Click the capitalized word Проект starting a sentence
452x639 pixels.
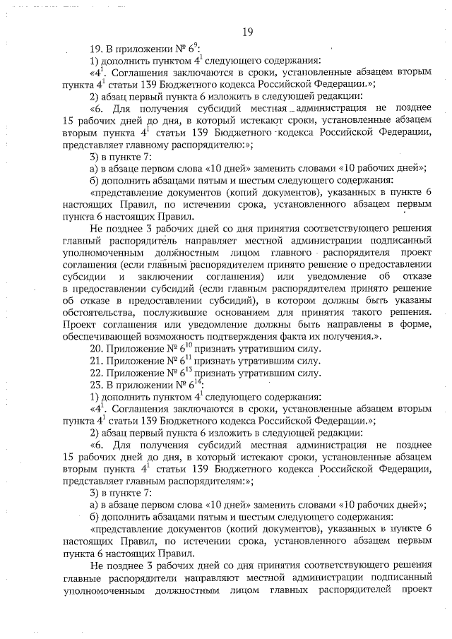(x=81, y=325)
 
